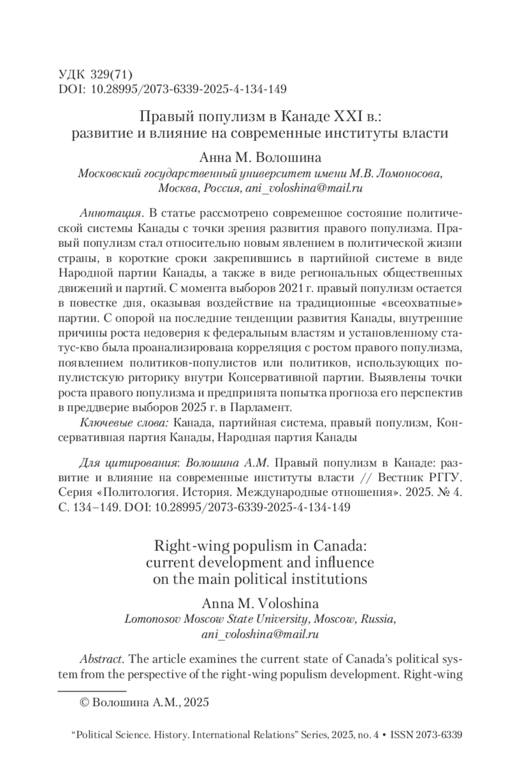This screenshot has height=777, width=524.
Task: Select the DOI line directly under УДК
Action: [172, 89]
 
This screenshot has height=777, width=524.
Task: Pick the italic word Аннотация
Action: [111, 213]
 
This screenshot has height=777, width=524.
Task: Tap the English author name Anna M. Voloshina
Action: [260, 603]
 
